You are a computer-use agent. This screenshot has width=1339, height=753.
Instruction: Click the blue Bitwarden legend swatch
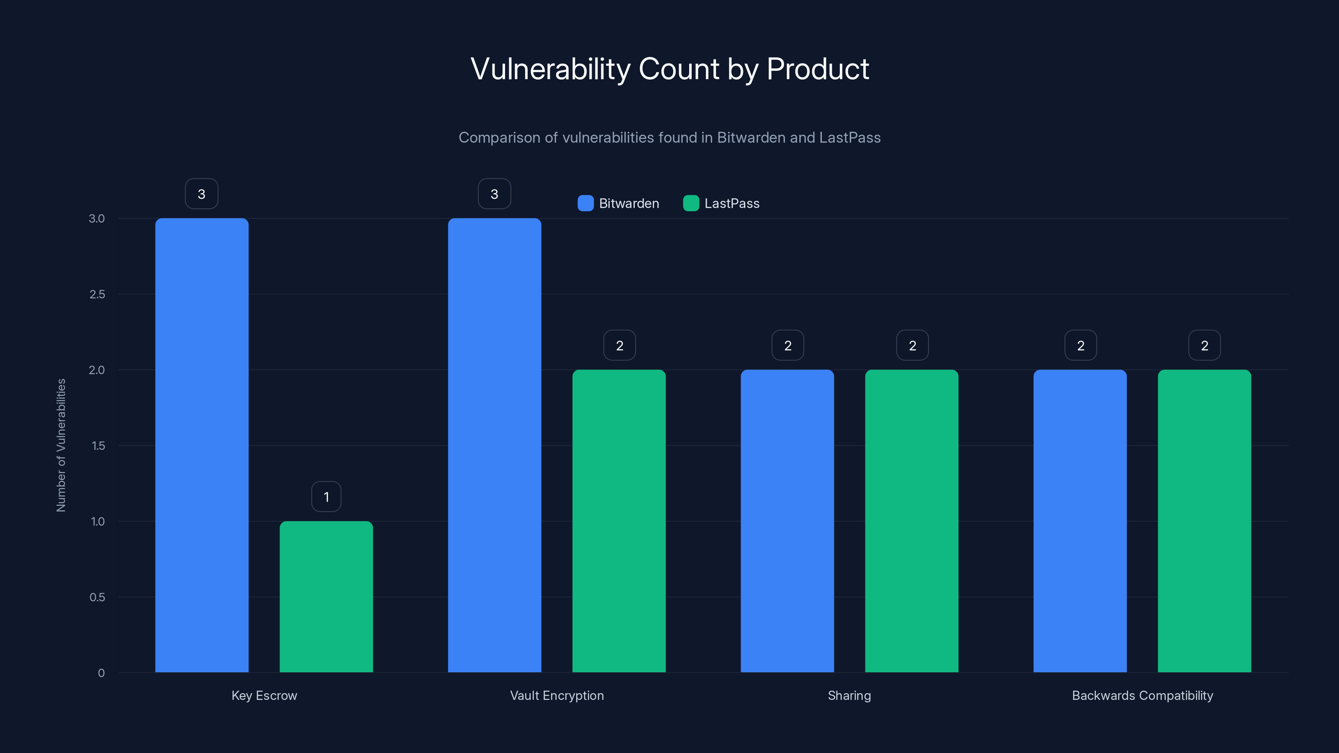pos(585,203)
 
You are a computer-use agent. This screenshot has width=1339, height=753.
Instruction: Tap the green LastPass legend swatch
pos(691,203)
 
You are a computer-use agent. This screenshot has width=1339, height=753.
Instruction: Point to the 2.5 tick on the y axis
pos(97,295)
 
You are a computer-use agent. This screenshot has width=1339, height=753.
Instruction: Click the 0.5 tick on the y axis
pos(97,597)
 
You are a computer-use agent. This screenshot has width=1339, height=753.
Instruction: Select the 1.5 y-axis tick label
pos(98,446)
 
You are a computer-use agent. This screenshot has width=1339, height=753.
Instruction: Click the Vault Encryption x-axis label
pos(557,695)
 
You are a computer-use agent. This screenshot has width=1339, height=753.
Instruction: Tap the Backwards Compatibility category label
pos(1142,695)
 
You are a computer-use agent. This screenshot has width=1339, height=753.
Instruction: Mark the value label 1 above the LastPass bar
pos(326,497)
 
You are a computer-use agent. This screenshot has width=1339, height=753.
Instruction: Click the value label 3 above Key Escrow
pos(202,194)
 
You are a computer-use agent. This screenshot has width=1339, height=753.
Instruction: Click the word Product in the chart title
pos(817,69)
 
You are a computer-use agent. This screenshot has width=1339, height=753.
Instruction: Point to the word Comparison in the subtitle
pos(499,138)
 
